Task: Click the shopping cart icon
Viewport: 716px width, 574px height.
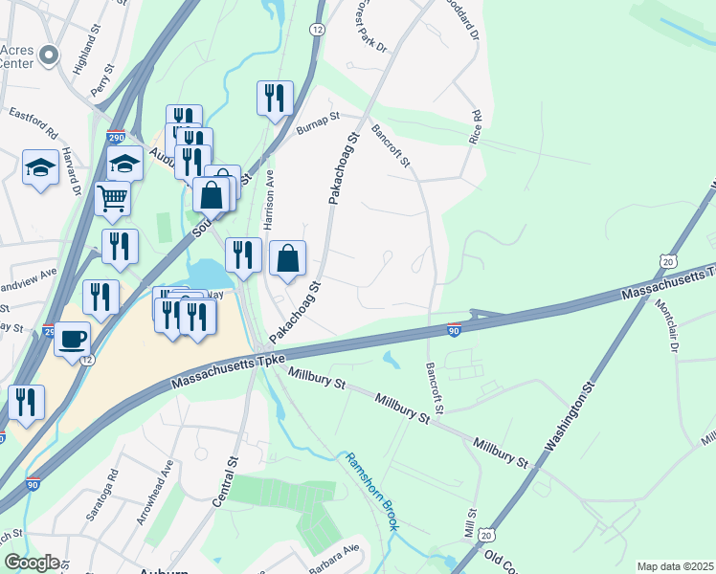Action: click(113, 198)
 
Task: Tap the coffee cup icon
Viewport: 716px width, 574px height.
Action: click(73, 339)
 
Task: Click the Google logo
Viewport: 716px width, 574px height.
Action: click(32, 563)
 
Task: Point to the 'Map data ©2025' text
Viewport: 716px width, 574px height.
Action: click(675, 566)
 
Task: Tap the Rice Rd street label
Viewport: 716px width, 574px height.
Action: click(475, 126)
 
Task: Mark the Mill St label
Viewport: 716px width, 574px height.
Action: click(470, 523)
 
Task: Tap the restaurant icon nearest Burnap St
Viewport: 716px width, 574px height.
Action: click(274, 97)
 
